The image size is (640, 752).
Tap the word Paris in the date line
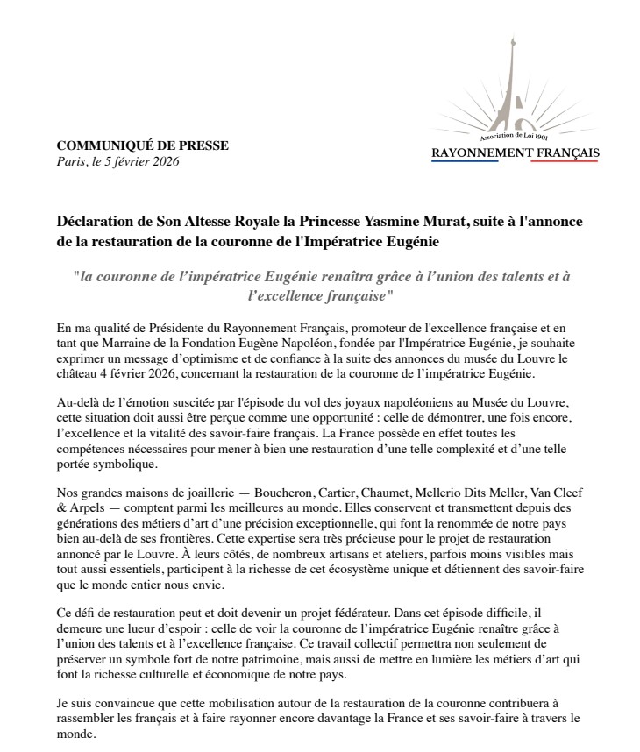(x=71, y=161)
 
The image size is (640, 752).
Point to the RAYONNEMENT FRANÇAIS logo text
(x=515, y=154)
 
